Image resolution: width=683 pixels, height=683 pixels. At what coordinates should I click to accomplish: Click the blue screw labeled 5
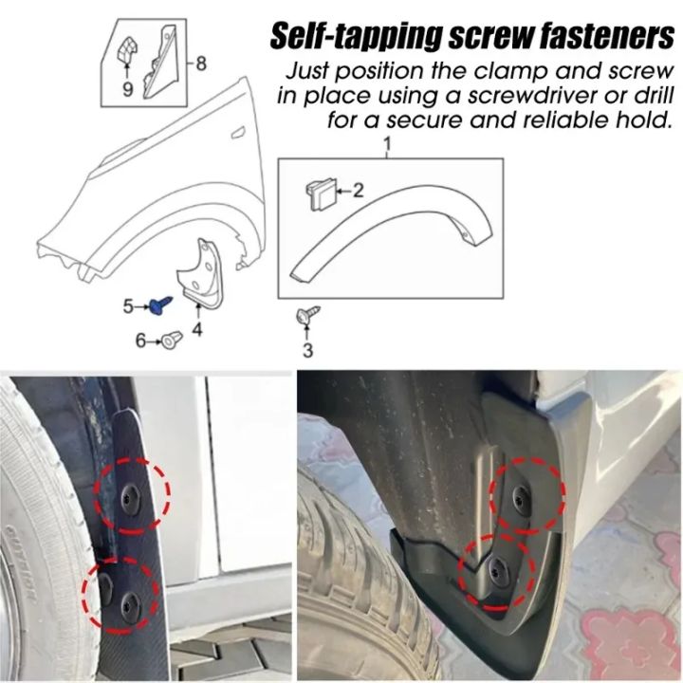click(x=158, y=305)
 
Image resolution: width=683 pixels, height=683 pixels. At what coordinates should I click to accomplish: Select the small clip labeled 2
click(x=319, y=194)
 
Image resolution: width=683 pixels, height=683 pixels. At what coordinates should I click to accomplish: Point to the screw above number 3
click(x=307, y=315)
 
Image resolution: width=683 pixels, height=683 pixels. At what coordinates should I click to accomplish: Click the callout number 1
click(x=387, y=143)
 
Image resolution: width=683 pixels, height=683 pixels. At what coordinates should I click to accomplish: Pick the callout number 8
click(x=200, y=63)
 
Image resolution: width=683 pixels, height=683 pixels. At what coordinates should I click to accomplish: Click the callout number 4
click(x=196, y=329)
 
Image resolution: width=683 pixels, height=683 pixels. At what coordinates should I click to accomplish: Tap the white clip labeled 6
click(x=170, y=339)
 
